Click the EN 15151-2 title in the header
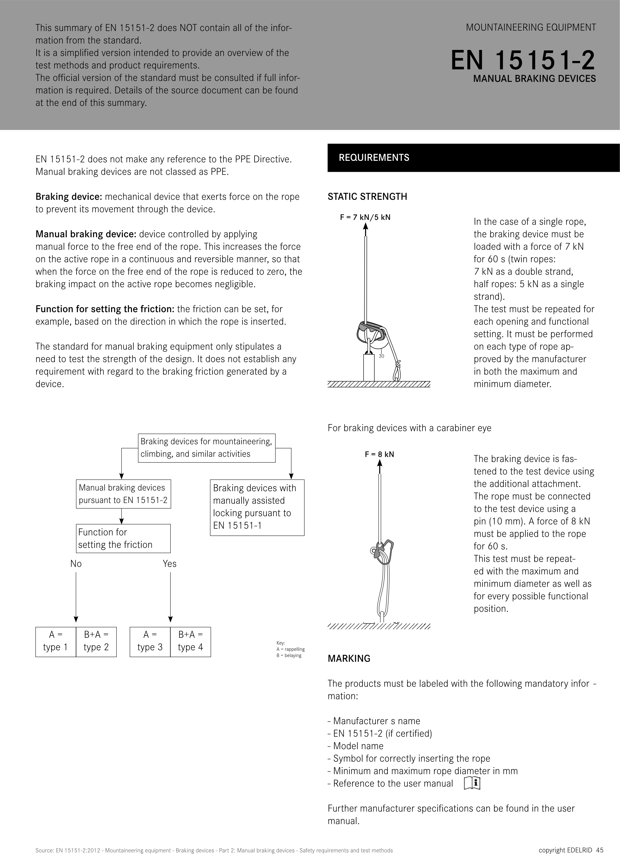(x=523, y=60)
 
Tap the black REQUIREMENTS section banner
(x=473, y=158)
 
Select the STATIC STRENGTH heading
(x=367, y=197)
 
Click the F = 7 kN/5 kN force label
(x=365, y=217)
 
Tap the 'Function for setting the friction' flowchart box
(x=123, y=538)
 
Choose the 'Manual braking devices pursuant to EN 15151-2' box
(x=123, y=494)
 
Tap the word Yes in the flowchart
(x=170, y=564)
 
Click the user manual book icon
(x=472, y=783)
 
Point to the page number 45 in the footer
(x=600, y=850)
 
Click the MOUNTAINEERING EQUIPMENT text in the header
(x=531, y=27)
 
